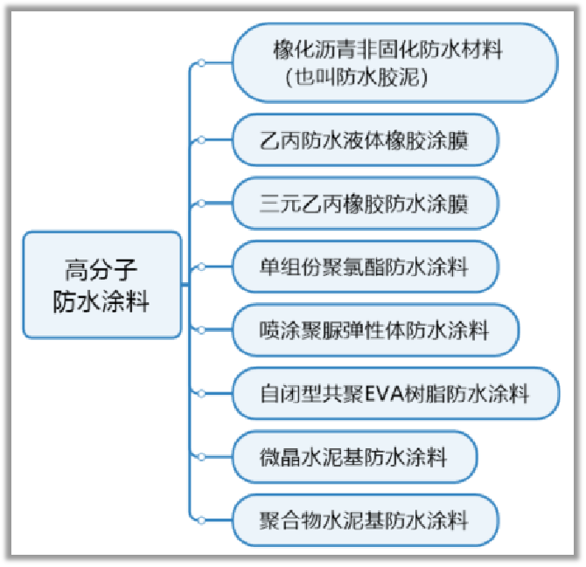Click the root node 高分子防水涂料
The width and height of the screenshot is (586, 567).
click(x=101, y=285)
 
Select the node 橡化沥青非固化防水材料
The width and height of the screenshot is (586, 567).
click(x=394, y=62)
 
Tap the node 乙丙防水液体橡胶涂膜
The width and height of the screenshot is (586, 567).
click(x=365, y=140)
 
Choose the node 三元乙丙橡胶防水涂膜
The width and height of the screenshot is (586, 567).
click(x=365, y=203)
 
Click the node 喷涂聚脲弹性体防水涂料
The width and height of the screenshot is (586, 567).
click(x=375, y=329)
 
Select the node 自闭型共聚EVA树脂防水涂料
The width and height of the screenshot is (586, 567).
click(x=394, y=393)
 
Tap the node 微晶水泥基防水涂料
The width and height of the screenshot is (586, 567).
click(x=353, y=456)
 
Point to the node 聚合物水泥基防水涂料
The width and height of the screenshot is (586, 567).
click(x=365, y=520)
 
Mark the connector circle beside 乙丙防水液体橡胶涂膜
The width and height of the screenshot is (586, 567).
click(x=201, y=140)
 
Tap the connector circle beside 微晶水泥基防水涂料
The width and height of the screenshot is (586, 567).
click(x=201, y=456)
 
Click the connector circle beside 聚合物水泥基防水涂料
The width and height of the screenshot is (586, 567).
click(x=201, y=520)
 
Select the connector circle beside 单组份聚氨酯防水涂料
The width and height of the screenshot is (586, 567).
click(x=201, y=266)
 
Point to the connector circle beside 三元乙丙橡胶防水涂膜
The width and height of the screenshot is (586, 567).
click(x=201, y=203)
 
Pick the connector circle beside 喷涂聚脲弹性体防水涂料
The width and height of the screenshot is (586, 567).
click(x=201, y=329)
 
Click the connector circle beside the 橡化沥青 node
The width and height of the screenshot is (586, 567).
click(x=201, y=63)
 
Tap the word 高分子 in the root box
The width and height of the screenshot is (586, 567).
click(x=101, y=267)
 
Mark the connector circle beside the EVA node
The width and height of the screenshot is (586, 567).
click(x=201, y=393)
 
